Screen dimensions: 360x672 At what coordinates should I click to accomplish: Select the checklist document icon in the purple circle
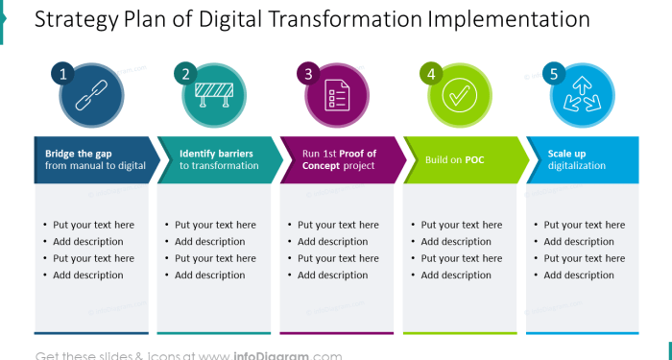(x=337, y=96)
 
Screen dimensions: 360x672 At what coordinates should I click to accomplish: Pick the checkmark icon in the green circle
(x=460, y=96)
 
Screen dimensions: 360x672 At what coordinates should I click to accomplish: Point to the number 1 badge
(x=62, y=74)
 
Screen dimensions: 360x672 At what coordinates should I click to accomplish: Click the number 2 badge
(x=186, y=74)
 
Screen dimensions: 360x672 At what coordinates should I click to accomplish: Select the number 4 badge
(x=431, y=74)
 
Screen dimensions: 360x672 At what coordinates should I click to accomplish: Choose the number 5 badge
(x=554, y=74)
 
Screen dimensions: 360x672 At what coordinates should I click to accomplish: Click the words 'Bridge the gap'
(x=79, y=153)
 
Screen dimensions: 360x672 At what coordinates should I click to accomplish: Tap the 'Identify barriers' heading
(x=216, y=153)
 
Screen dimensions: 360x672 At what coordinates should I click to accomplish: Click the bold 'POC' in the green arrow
(x=474, y=159)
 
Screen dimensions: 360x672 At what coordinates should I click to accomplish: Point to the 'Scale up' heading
(x=566, y=153)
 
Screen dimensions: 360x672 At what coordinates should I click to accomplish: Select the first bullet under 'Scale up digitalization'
(x=584, y=225)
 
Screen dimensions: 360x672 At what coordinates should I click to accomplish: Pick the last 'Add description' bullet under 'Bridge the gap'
(x=87, y=276)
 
